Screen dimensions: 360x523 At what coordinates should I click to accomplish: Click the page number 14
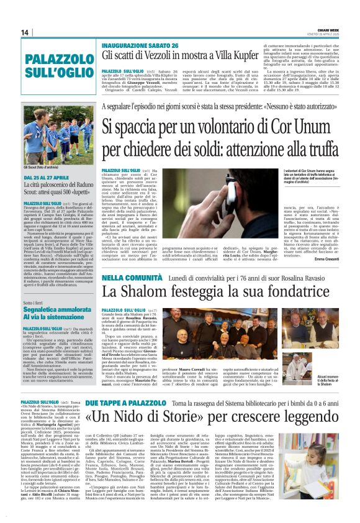(x=24, y=32)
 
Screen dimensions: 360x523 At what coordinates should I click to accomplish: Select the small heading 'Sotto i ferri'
(x=37, y=302)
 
